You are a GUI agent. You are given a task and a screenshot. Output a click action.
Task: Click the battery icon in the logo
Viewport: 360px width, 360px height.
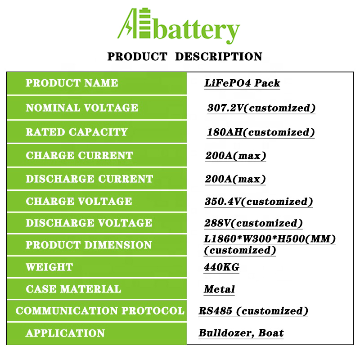point(144,23)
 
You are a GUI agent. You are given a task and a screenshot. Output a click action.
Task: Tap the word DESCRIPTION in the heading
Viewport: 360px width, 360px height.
point(219,57)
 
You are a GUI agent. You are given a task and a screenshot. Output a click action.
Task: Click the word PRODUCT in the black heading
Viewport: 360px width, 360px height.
point(137,57)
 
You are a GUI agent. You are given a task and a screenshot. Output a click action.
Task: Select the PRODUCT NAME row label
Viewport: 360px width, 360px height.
point(72,83)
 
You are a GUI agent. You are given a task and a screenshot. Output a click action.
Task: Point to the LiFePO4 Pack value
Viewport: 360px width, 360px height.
point(242,83)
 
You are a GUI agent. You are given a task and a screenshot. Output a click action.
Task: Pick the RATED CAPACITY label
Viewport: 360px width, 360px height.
point(76,132)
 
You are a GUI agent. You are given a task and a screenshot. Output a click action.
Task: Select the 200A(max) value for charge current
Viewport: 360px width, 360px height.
point(236,156)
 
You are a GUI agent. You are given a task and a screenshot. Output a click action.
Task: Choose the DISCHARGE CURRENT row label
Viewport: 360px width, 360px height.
point(89,179)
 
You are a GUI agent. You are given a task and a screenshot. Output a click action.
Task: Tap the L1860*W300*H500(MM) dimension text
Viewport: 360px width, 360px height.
point(270,239)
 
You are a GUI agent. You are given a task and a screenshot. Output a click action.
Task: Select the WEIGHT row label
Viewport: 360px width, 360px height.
point(49,267)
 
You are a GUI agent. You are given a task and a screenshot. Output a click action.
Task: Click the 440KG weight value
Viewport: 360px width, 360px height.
point(221,267)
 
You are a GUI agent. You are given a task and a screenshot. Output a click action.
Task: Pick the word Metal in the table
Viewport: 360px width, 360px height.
point(219,289)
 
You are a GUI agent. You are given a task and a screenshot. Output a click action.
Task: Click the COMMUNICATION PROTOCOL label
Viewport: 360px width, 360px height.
point(100,310)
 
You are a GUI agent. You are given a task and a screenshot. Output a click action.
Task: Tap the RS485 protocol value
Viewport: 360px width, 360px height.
point(216,311)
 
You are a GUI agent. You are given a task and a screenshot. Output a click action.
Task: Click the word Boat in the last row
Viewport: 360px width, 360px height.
point(271,333)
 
